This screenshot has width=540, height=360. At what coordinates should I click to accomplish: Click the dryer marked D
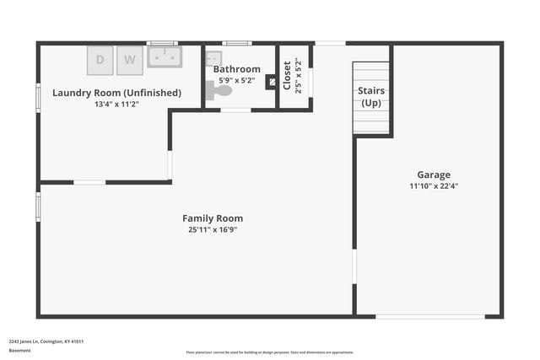[x=100, y=59]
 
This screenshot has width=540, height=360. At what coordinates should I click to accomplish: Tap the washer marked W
[x=130, y=59]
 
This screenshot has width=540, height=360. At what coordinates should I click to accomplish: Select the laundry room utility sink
[x=164, y=56]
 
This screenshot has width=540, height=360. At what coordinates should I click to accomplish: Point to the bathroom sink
[x=213, y=57]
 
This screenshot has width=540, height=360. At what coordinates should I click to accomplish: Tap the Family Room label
[x=213, y=218]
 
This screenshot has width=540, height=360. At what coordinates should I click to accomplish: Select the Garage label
[x=434, y=175]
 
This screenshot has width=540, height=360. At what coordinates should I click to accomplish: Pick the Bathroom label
[x=236, y=69]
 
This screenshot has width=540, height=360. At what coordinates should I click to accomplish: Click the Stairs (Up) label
[x=371, y=96]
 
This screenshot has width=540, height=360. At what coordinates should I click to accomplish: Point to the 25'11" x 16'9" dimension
[x=213, y=229]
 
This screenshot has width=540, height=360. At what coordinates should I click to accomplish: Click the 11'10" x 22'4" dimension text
[x=434, y=185]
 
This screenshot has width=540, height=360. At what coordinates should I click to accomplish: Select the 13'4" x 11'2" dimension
[x=116, y=104]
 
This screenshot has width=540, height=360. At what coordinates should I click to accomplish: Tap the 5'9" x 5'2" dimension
[x=236, y=80]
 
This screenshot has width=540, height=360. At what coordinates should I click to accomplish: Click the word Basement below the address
[x=19, y=350]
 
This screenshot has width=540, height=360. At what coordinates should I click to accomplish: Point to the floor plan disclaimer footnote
[x=270, y=352]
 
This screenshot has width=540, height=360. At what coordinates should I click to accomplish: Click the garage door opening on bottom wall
[x=430, y=316]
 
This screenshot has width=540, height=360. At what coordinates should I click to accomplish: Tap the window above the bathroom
[x=237, y=43]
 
